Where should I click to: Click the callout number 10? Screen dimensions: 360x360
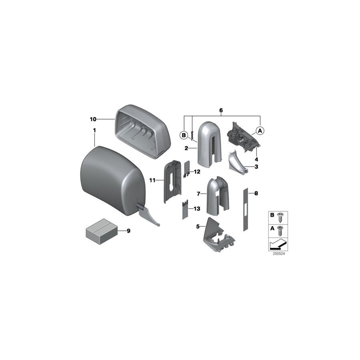(93, 119)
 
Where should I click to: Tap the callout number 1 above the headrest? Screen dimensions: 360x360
(94, 130)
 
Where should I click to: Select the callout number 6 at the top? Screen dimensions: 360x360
(221, 110)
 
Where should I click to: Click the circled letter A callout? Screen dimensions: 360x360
(260, 131)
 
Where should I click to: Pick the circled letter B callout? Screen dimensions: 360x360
(184, 135)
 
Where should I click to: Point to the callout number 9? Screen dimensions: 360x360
(128, 231)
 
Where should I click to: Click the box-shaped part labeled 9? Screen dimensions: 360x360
(102, 231)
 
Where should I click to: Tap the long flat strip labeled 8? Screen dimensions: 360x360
(246, 210)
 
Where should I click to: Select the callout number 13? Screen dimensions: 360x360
(197, 209)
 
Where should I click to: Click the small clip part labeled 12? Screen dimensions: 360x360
(187, 169)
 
